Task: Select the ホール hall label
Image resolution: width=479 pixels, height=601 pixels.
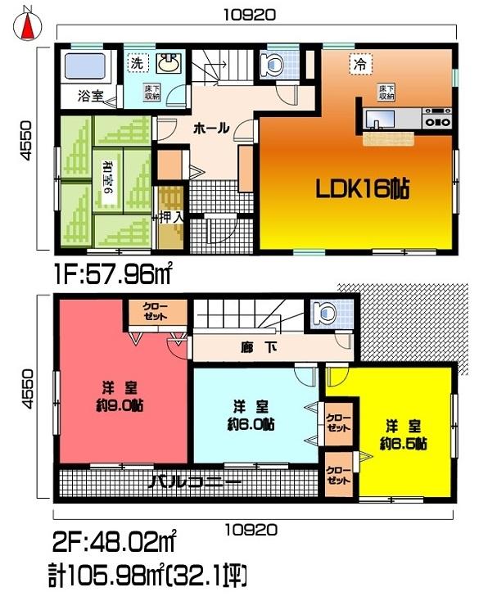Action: [210, 129]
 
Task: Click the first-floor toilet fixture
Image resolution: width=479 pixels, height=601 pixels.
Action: [273, 63]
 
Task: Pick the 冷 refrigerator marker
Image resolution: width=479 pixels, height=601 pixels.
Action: [358, 61]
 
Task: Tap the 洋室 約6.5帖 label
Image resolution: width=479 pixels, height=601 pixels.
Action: [403, 435]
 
